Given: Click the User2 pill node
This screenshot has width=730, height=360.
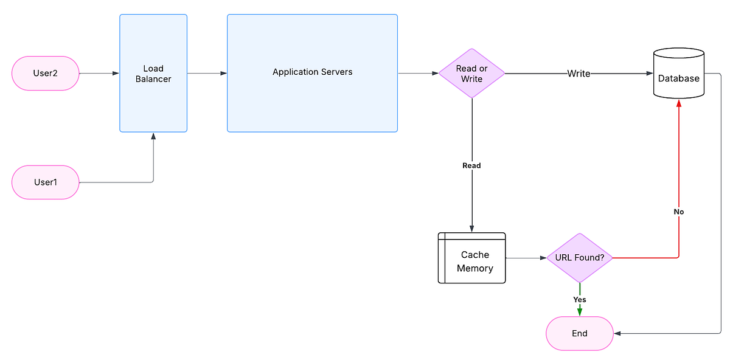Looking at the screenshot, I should click(46, 74).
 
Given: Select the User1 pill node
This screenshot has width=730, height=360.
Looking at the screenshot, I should click(46, 182).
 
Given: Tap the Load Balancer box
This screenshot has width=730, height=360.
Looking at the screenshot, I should click(153, 74).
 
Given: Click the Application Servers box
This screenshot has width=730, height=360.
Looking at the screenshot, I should click(312, 72).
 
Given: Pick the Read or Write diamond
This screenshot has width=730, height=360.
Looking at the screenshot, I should click(472, 74).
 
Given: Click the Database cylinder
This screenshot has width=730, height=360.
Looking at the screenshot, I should click(678, 76).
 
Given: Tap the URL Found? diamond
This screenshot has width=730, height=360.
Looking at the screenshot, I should click(580, 258).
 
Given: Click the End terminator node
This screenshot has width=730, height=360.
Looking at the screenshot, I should click(580, 333).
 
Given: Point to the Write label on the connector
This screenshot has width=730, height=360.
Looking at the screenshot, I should click(579, 74).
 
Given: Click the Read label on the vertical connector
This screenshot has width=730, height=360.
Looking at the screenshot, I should click(471, 165).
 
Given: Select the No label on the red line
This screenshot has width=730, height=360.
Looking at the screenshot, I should click(678, 212).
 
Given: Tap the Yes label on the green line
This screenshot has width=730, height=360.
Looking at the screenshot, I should click(580, 299).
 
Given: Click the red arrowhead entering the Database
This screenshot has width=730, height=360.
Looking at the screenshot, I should click(678, 104).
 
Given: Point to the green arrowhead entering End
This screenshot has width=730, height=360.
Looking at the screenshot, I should click(580, 312).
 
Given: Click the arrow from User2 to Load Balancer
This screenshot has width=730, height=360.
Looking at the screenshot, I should click(99, 74).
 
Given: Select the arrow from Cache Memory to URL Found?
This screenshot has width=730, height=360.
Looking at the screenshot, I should click(526, 258).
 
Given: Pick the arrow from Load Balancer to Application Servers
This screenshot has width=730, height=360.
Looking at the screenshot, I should click(207, 74).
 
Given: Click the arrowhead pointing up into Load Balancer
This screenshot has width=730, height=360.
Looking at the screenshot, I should click(153, 137).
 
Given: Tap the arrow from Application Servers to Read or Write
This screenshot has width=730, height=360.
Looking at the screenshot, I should click(418, 74).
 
